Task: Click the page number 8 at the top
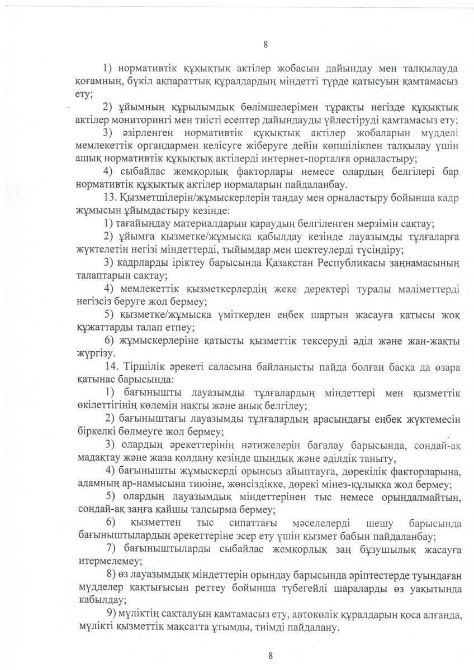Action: (266, 45)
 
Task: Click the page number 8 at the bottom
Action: (270, 655)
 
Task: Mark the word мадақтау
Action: (94, 459)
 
